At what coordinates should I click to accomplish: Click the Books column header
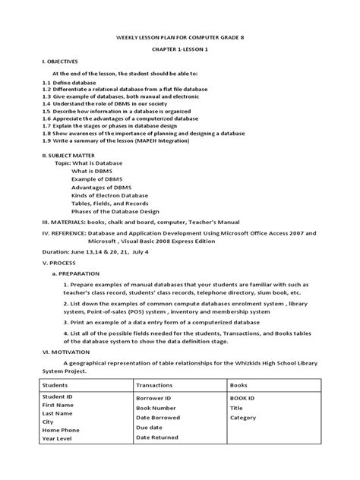tap(238, 406)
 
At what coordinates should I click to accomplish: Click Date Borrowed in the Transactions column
tap(161, 439)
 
